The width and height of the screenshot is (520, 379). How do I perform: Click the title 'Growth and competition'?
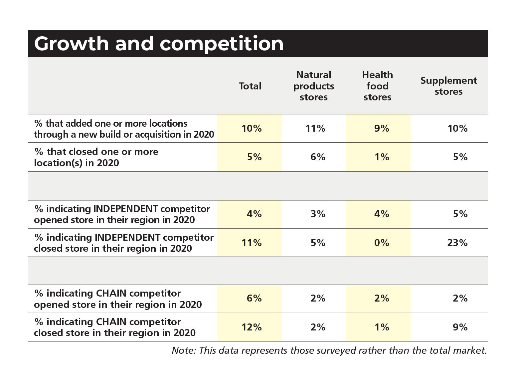pyautogui.click(x=159, y=44)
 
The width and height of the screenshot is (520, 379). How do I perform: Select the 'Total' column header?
pyautogui.click(x=250, y=86)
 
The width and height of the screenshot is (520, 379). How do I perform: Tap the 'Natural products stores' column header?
pyautogui.click(x=314, y=86)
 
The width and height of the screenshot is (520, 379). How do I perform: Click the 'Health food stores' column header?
pyautogui.click(x=377, y=86)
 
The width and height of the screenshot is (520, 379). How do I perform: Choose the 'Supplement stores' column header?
pyautogui.click(x=448, y=86)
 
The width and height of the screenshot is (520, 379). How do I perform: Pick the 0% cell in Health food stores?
pyautogui.click(x=381, y=243)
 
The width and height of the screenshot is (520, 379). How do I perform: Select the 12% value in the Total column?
pyautogui.click(x=252, y=327)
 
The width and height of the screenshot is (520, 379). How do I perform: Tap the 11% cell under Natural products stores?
pyautogui.click(x=315, y=129)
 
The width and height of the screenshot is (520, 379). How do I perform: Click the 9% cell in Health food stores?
pyautogui.click(x=381, y=129)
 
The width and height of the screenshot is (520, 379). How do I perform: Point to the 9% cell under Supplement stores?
pyautogui.click(x=460, y=327)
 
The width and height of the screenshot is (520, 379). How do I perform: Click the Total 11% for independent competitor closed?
pyautogui.click(x=252, y=243)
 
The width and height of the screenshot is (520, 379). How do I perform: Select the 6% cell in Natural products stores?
pyautogui.click(x=318, y=157)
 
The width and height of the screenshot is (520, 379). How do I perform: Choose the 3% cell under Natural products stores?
pyautogui.click(x=318, y=214)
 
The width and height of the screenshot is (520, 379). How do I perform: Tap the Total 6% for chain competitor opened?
pyautogui.click(x=254, y=299)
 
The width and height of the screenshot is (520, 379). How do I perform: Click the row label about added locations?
pyautogui.click(x=124, y=129)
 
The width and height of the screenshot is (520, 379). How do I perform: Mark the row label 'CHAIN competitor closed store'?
pyautogui.click(x=115, y=327)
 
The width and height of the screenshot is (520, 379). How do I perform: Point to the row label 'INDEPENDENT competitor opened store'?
pyautogui.click(x=122, y=214)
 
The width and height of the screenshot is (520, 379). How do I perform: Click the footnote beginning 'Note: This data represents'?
pyautogui.click(x=329, y=350)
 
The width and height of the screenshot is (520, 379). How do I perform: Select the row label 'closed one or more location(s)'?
pyautogui.click(x=96, y=157)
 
